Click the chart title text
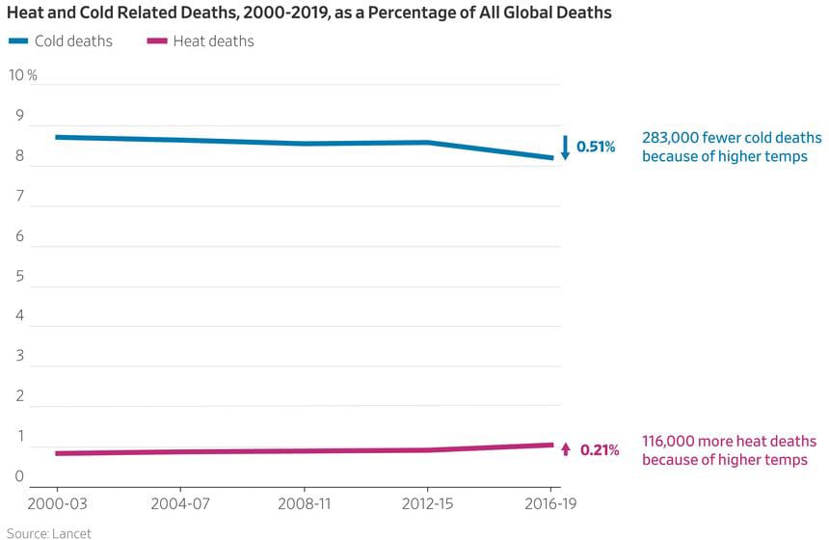pyautogui.click(x=308, y=13)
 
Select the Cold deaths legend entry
pyautogui.click(x=73, y=41)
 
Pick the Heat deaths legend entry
pyautogui.click(x=213, y=41)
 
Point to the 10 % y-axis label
pyautogui.click(x=22, y=75)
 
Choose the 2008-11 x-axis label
pyautogui.click(x=305, y=504)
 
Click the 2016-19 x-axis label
pyautogui.click(x=551, y=504)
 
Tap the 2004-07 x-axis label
pyautogui.click(x=180, y=504)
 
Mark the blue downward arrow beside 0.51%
pyautogui.click(x=566, y=148)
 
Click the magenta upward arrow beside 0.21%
pyautogui.click(x=566, y=449)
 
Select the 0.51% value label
pyautogui.click(x=596, y=148)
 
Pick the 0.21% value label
pyautogui.click(x=600, y=450)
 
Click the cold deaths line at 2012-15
pyautogui.click(x=428, y=143)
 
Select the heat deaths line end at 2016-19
pyautogui.click(x=552, y=445)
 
